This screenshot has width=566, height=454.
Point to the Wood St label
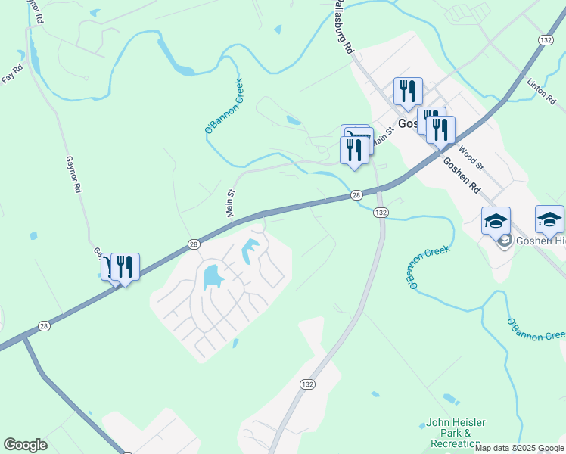[x=470, y=157]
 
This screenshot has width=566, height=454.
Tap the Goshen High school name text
[x=540, y=241]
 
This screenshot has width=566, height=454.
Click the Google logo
[x=25, y=445]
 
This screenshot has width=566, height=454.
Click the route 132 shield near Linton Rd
[x=546, y=39]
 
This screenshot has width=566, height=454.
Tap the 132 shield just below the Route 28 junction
[x=381, y=213]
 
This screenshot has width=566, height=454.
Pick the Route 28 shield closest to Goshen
[x=356, y=195]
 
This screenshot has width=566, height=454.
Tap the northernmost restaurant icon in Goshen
[x=408, y=91]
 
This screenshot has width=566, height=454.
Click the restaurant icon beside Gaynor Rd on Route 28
[x=125, y=266]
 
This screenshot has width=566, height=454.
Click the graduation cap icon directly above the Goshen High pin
[x=496, y=221]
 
